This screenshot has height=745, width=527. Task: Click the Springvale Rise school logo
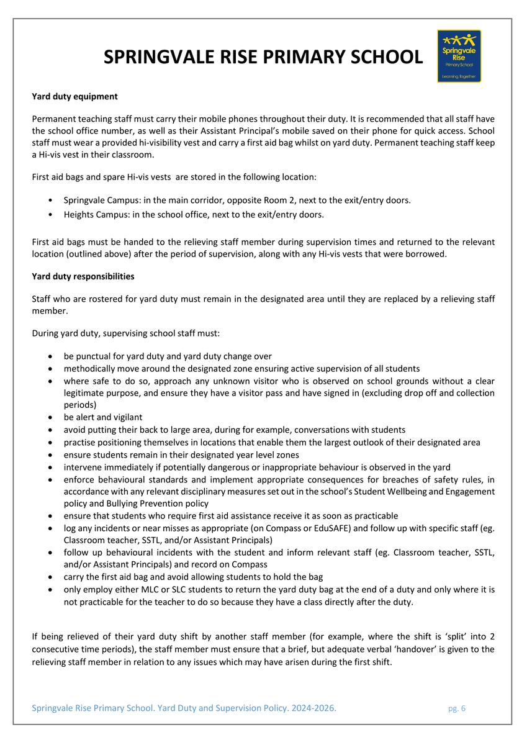pyautogui.click(x=459, y=56)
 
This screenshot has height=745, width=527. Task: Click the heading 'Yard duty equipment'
pyautogui.click(x=74, y=97)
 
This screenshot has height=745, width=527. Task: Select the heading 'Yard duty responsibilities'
pyautogui.click(x=83, y=276)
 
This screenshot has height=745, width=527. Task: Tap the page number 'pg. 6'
pyautogui.click(x=457, y=708)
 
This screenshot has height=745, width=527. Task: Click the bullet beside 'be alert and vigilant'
pyautogui.click(x=50, y=417)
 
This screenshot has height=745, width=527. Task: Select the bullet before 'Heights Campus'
pyautogui.click(x=50, y=215)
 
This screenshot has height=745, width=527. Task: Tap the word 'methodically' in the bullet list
pyautogui.click(x=89, y=368)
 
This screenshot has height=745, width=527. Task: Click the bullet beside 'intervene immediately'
pyautogui.click(x=50, y=467)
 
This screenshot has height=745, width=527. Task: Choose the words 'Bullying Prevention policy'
pyautogui.click(x=154, y=503)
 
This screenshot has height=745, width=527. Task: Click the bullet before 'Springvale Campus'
pyautogui.click(x=50, y=201)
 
